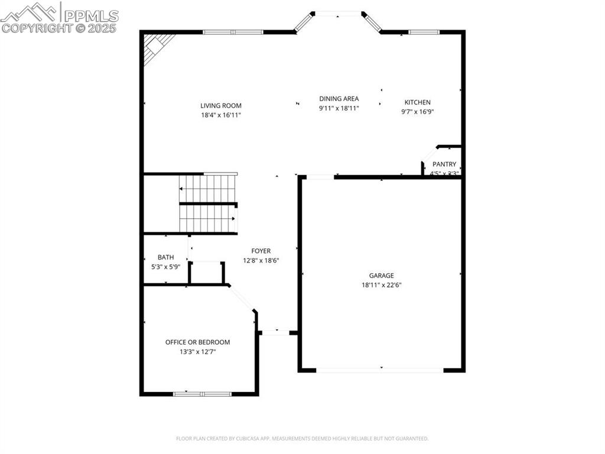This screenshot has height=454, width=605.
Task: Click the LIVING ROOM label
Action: point(220,106)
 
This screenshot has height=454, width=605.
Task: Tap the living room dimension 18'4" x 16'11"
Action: point(220,115)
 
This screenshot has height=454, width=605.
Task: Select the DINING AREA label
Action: point(339,99)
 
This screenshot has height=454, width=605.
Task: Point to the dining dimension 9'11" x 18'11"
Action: point(339,108)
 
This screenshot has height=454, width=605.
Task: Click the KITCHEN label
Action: point(417,102)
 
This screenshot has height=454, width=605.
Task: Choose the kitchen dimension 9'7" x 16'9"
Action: point(417,112)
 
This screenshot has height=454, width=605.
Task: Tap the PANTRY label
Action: point(444,164)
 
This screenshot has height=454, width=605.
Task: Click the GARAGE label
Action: point(381,275)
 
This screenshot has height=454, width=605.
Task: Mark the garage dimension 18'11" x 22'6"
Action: point(381,285)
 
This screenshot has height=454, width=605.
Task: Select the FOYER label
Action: point(261,251)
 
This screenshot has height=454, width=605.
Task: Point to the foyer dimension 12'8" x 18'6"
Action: point(261,261)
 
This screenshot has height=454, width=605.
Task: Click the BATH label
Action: point(165,257)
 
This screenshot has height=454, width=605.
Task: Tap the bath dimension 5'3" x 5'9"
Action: point(165,267)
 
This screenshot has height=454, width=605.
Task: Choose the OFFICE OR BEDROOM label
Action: point(197,342)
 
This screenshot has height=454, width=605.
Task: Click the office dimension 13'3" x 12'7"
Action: point(197,352)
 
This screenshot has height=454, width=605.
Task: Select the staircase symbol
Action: point(208,203)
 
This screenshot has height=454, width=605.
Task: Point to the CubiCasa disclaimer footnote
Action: point(302,439)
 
